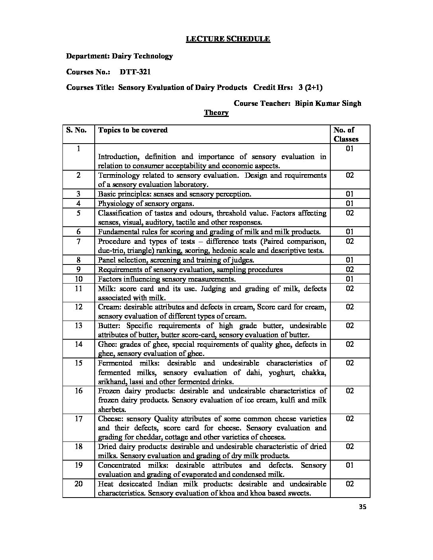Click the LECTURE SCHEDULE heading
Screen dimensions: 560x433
click(x=228, y=39)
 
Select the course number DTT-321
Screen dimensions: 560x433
click(x=135, y=72)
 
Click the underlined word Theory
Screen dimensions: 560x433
click(x=216, y=113)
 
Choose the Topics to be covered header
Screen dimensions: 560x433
click(x=133, y=130)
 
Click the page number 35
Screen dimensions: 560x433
click(x=362, y=507)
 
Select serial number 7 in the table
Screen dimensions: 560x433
click(x=78, y=241)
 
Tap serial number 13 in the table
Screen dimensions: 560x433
click(x=78, y=326)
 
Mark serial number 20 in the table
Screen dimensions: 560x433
click(x=78, y=484)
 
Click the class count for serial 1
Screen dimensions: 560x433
click(x=349, y=149)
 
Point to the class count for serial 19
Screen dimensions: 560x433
click(x=349, y=465)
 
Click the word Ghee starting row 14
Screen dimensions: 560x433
click(x=107, y=344)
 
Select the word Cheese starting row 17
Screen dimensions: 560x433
click(x=110, y=419)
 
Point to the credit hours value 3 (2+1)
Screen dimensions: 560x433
click(x=313, y=87)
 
